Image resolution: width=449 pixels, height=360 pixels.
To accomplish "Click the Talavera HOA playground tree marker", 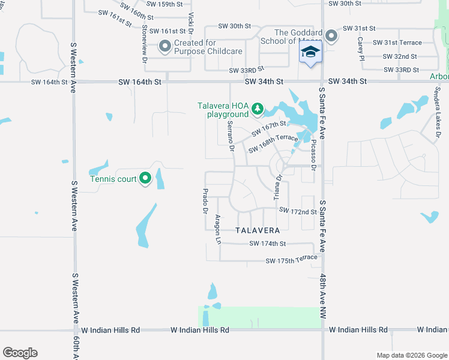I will coord(258,108).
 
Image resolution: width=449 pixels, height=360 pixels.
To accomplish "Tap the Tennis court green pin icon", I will coord(145,178).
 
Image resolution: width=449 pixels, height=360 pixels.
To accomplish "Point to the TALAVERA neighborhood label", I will coord(258,230).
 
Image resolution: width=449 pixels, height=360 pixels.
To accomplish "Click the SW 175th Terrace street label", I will coord(291,259).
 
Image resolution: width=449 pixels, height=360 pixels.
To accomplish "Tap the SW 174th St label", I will coord(268,244).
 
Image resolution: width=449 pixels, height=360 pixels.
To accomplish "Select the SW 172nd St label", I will coord(298,211).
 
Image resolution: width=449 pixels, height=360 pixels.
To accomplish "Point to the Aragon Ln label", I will coord(218,229).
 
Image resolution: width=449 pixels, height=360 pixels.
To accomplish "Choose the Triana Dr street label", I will coord(277,187).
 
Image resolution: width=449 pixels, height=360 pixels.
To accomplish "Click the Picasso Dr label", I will coord(313,156).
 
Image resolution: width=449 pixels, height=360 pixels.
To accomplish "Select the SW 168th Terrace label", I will coord(273,143).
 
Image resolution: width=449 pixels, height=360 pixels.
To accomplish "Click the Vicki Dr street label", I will coord(191,23).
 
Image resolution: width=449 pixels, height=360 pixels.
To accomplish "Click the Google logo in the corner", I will coord(20,353).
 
